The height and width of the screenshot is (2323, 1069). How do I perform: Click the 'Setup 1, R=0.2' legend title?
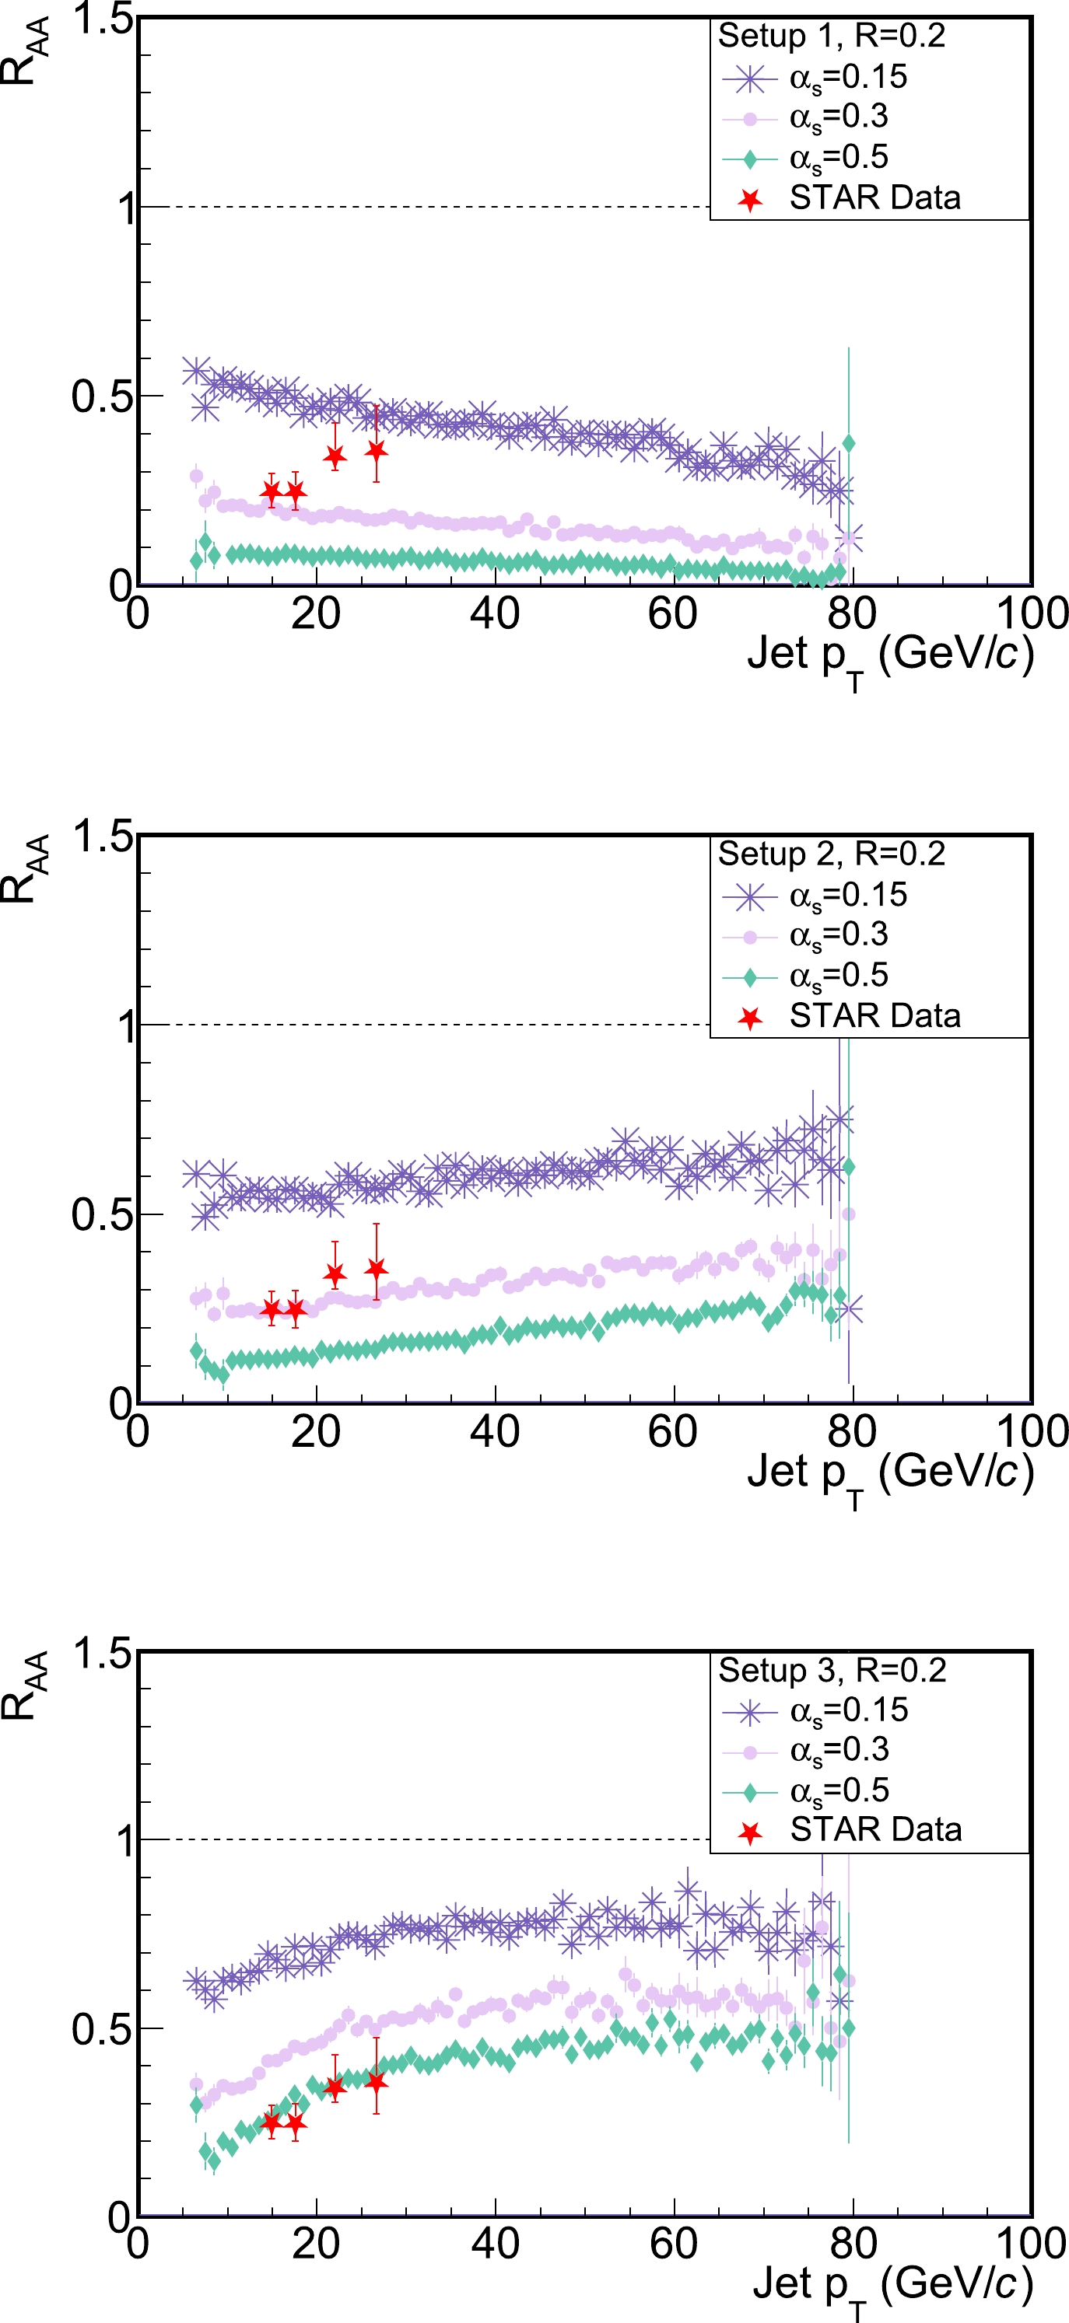(831, 36)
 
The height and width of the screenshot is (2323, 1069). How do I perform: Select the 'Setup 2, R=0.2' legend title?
(831, 854)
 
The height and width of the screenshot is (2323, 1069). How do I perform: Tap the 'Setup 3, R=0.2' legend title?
(832, 1671)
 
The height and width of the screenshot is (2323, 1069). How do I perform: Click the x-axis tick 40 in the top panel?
(494, 614)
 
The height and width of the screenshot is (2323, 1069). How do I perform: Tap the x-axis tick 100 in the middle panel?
(1031, 1432)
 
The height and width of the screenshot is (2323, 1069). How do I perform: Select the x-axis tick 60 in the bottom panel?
(673, 2244)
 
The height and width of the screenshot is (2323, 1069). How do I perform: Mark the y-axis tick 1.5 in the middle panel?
(102, 836)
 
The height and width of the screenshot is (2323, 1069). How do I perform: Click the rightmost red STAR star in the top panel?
(377, 450)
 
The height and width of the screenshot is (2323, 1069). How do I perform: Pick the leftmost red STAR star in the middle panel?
(272, 1309)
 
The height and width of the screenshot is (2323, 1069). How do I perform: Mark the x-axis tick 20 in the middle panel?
(316, 1432)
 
